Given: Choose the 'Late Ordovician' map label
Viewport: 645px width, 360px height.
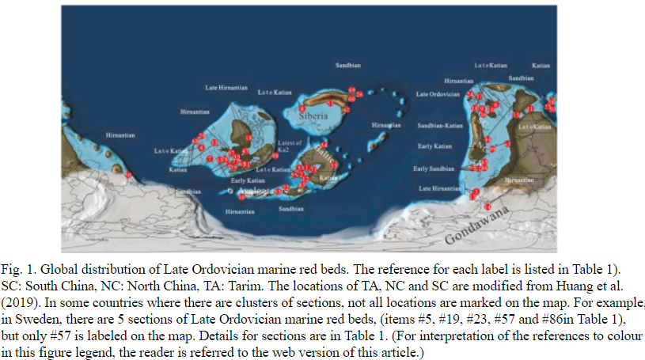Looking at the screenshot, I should point(437,95).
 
